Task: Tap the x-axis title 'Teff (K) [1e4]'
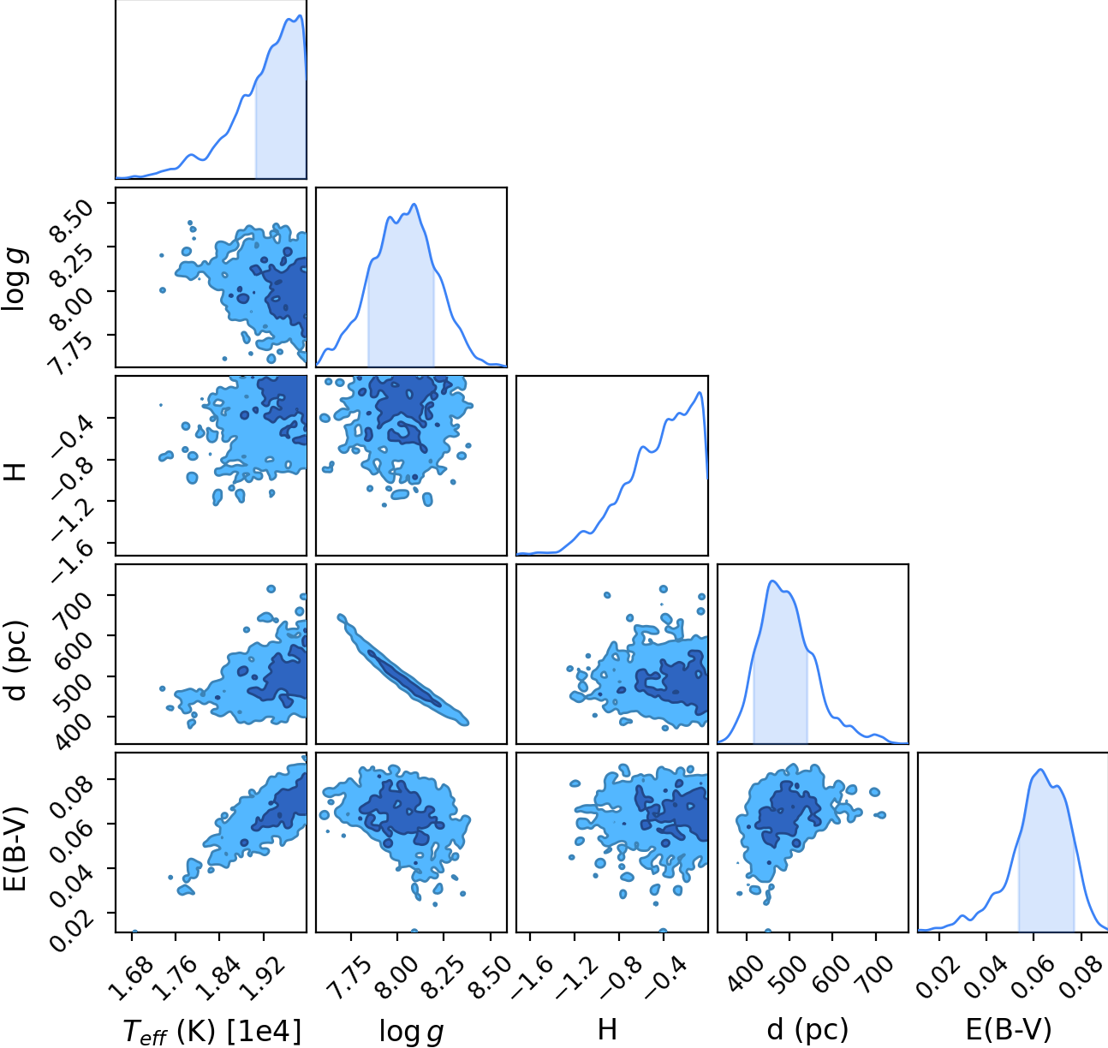coord(211,1031)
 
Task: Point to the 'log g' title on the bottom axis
coord(411,1032)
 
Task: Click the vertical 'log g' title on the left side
coord(15,279)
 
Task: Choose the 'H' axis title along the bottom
coord(607,1029)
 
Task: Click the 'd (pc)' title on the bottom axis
coord(807,1029)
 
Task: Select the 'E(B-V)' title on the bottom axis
coord(1009,1029)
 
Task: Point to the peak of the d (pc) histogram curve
coord(772,581)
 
